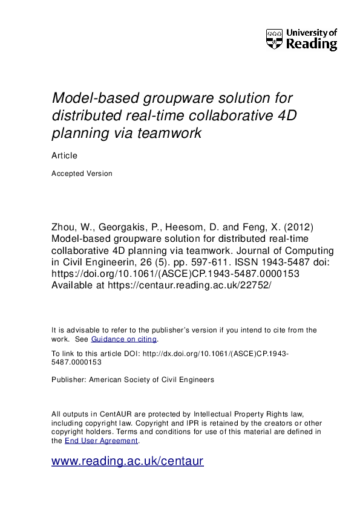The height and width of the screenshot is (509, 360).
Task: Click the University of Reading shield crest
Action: pos(274,39)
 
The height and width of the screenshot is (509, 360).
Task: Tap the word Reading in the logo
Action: pos(311,45)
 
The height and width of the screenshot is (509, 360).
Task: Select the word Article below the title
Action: pos(65,155)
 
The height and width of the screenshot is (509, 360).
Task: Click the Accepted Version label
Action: pos(82,173)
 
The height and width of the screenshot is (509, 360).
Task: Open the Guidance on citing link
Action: pos(123,339)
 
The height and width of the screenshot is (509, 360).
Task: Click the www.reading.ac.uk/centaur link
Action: pos(128,461)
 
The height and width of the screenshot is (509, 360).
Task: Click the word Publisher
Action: pos(69,380)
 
